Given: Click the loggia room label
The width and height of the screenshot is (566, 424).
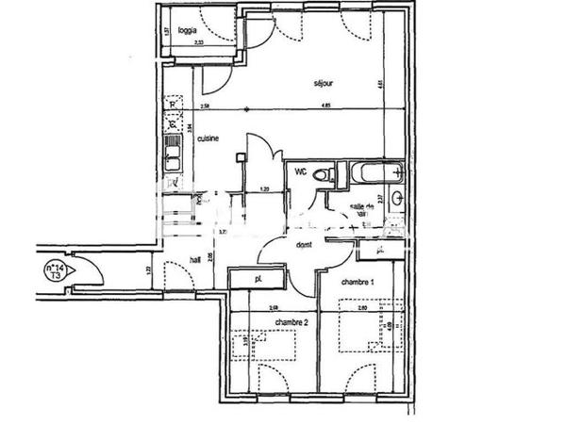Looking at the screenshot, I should point(189,30).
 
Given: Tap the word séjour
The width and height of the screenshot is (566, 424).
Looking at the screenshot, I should point(325,84).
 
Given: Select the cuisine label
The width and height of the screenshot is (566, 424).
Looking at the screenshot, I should point(208,139).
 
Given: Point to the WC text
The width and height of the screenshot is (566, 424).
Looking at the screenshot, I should point(301,171).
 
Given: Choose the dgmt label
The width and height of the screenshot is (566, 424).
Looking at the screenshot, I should point(304,245).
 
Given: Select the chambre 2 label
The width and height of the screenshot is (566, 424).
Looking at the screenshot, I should point(291,321).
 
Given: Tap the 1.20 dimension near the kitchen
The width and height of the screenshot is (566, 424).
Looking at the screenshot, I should point(264,189).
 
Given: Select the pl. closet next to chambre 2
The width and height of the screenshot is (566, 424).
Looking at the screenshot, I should point(257,279).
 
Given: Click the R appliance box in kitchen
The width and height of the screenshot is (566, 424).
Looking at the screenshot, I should point(173,105).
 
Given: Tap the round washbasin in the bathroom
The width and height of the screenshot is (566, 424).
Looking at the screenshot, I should point(397,198).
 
